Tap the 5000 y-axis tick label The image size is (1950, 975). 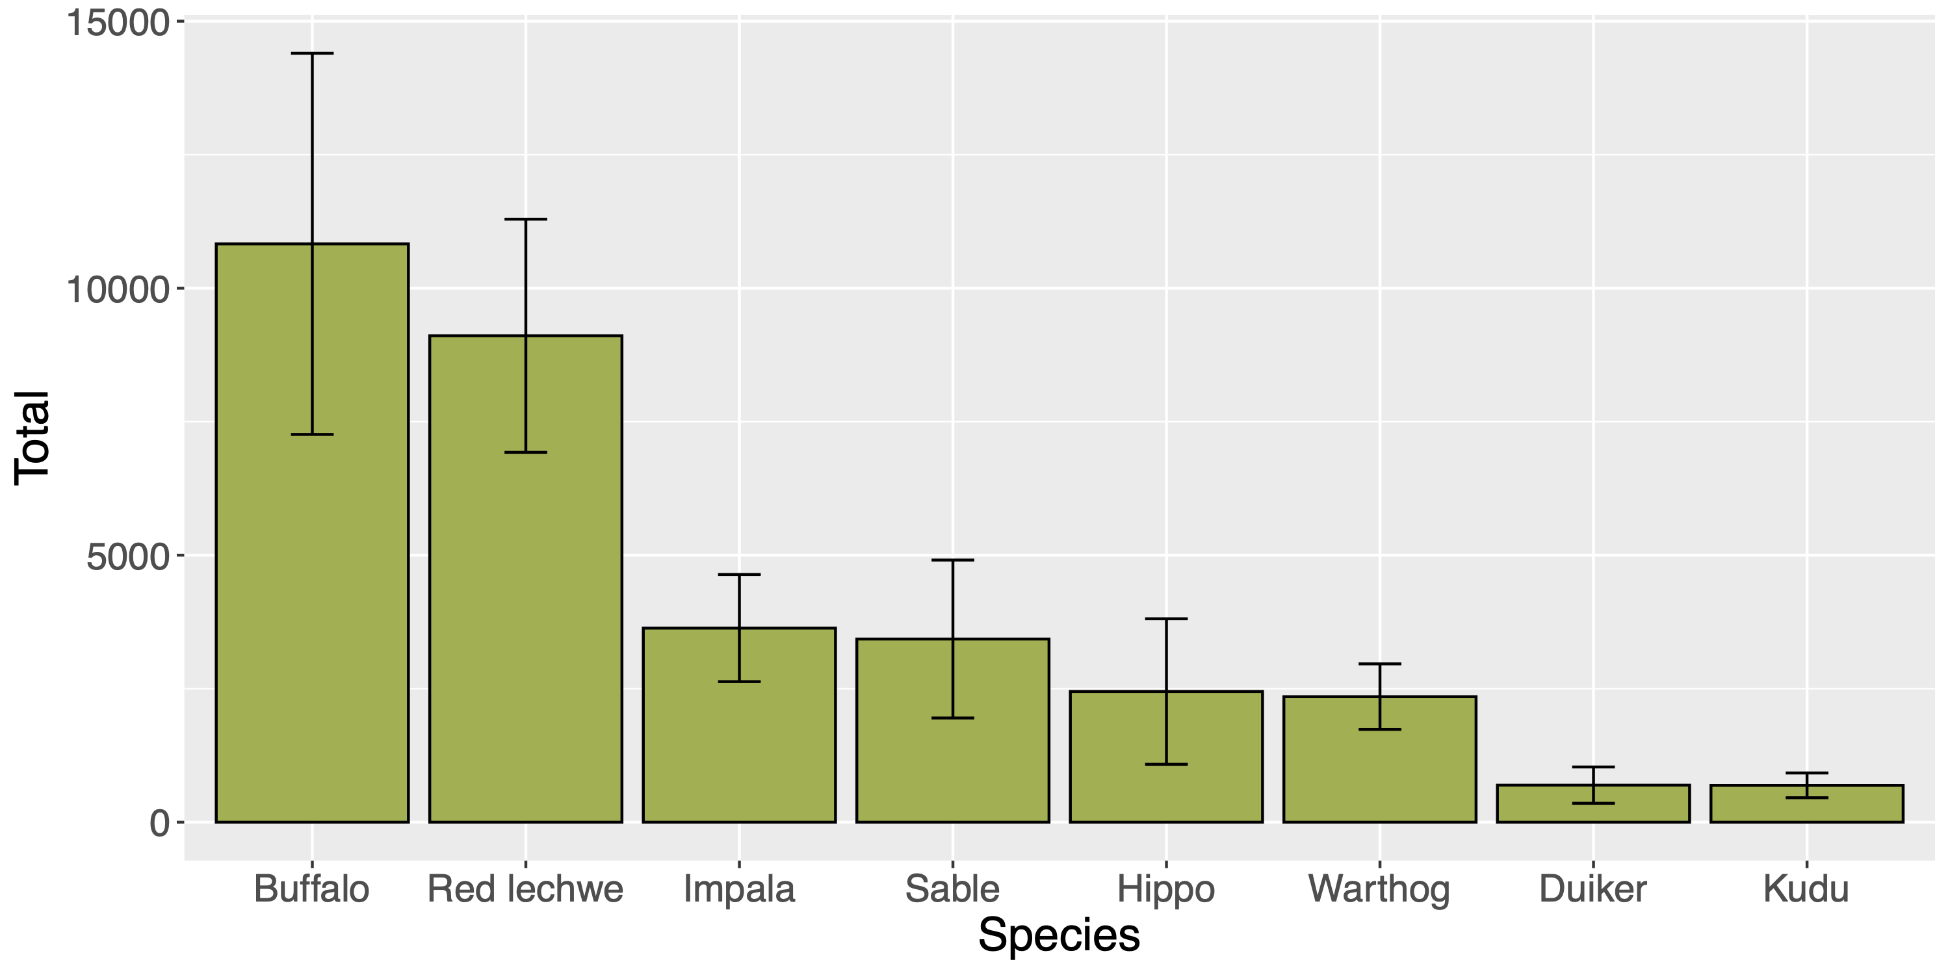pyautogui.click(x=127, y=557)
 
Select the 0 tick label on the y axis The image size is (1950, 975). pyautogui.click(x=159, y=824)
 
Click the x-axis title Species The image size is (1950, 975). pyautogui.click(x=1058, y=935)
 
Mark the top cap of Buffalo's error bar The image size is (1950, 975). pyautogui.click(x=312, y=54)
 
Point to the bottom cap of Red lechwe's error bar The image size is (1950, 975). pyautogui.click(x=525, y=452)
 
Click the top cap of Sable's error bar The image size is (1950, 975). pyautogui.click(x=952, y=560)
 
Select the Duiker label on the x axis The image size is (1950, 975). pyautogui.click(x=1592, y=889)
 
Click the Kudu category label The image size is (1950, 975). pyautogui.click(x=1806, y=889)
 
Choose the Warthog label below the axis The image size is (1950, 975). pyautogui.click(x=1379, y=889)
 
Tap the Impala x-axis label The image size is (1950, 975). pyautogui.click(x=739, y=889)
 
